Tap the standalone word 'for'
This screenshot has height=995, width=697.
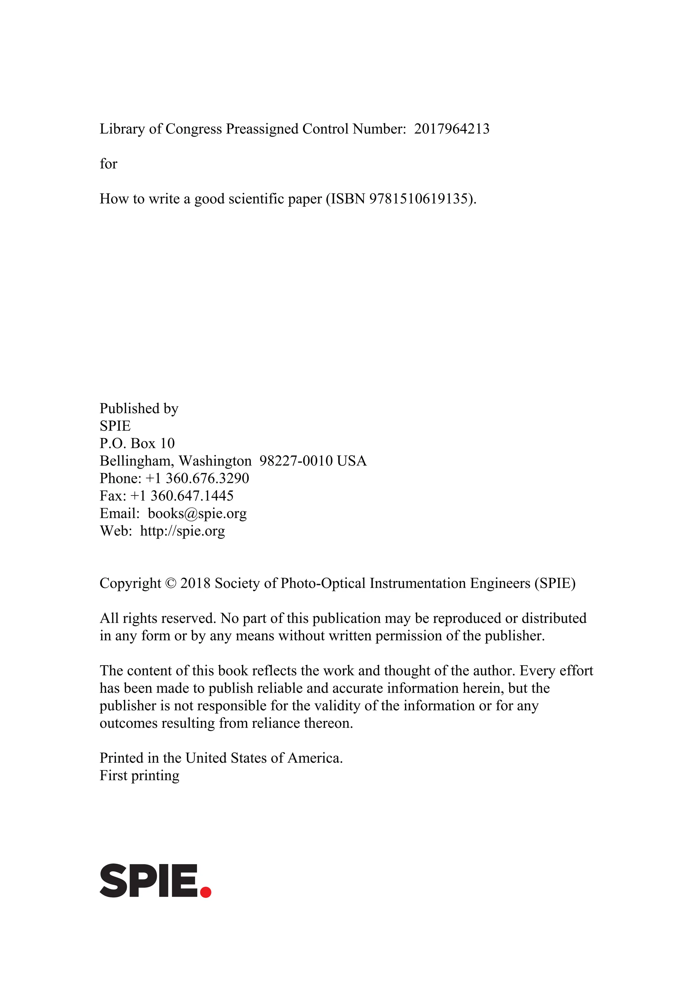click(109, 164)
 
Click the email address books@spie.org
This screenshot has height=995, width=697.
click(197, 513)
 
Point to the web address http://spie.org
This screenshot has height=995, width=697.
click(182, 531)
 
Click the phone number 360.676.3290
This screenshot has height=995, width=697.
click(207, 478)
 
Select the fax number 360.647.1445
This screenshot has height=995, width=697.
click(192, 495)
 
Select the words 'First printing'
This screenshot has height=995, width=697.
click(139, 775)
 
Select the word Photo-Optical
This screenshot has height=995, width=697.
click(323, 583)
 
